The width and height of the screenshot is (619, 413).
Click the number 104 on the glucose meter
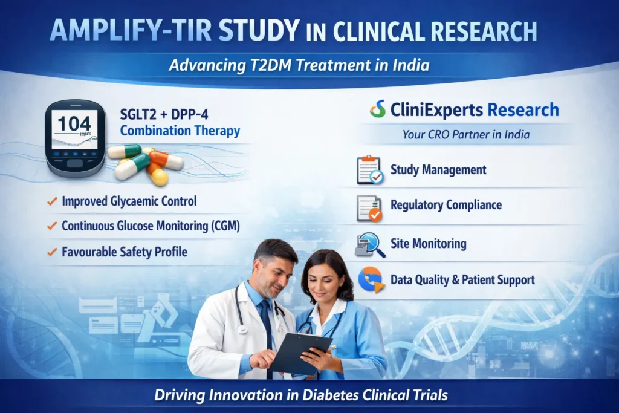74,123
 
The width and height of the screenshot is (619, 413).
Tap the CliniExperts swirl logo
377,109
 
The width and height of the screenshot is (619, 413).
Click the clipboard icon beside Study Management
369,170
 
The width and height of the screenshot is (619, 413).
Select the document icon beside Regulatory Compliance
369,207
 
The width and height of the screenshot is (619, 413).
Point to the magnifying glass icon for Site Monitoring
370,245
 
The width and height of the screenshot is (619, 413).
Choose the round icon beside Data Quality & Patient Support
371,279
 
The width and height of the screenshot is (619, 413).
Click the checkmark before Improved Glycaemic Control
52,201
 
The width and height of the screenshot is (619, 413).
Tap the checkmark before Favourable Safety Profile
52,252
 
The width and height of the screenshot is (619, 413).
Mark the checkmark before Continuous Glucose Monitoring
52,226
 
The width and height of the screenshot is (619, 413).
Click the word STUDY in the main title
259,30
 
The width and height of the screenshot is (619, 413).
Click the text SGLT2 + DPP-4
164,114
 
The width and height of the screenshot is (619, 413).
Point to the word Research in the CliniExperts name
523,110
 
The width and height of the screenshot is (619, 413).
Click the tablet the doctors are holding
299,353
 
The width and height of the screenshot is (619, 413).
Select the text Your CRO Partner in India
466,135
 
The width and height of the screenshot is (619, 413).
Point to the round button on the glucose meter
74,164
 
